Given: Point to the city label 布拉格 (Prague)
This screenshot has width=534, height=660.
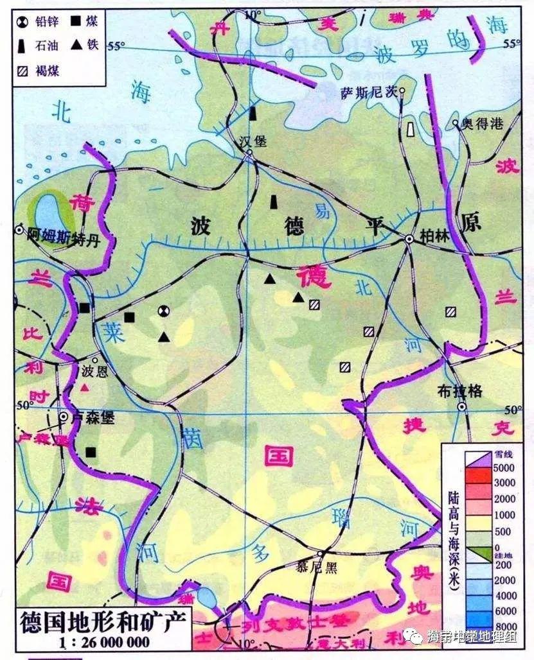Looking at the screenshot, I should coord(459,391).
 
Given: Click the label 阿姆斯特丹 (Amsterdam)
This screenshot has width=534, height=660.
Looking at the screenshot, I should coord(57,234).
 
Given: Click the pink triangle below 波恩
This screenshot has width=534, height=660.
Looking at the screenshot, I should coord(84,388).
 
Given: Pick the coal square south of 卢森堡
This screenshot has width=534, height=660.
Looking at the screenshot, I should coord(91,452).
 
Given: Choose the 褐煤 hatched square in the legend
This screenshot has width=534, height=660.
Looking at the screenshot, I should coord(23,71).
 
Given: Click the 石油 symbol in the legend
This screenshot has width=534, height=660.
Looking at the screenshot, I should coord(24,46).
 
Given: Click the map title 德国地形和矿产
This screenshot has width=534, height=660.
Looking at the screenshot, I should coord(103,621).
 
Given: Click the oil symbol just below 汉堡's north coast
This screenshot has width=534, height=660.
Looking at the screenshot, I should coord(253,113).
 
